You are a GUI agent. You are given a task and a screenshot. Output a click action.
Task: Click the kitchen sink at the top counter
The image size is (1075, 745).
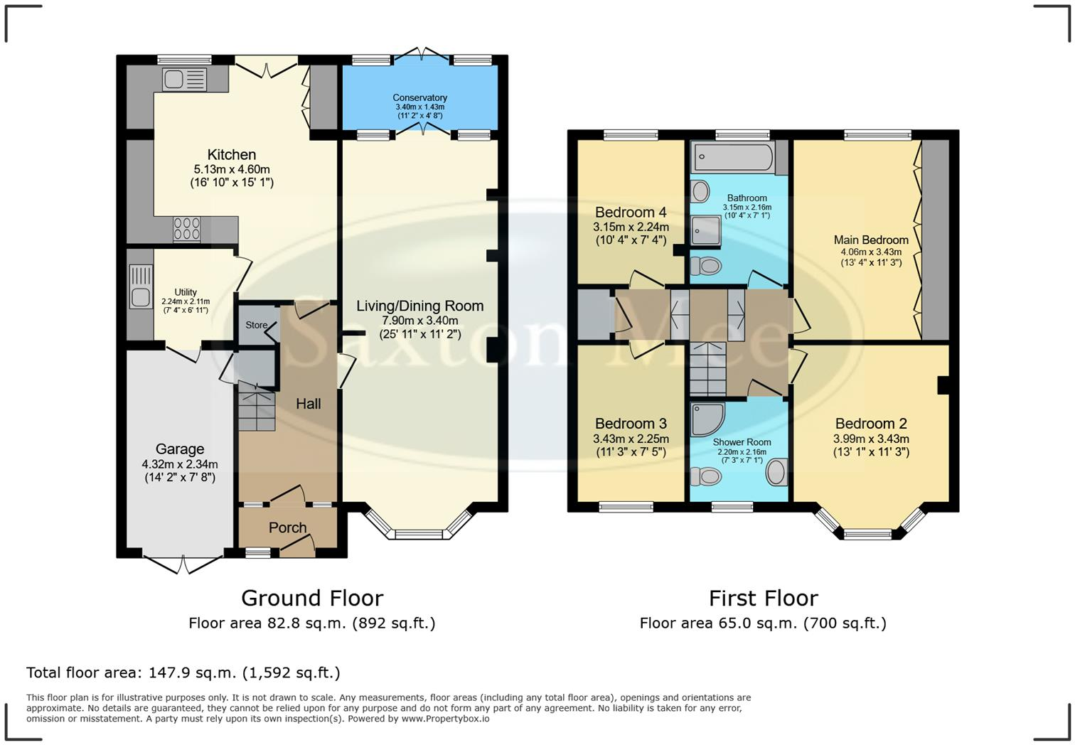coord(184,80)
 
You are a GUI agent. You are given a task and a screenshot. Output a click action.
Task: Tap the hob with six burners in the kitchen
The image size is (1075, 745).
coord(187,229)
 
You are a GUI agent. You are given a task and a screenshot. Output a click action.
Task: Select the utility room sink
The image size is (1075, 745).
coord(141,286)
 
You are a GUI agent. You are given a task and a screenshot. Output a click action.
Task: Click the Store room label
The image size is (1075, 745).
coord(256,325)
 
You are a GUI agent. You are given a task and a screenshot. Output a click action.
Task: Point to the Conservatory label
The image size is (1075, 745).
coord(419,97)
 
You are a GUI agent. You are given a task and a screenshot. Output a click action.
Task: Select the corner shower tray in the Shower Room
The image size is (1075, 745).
coord(707,419)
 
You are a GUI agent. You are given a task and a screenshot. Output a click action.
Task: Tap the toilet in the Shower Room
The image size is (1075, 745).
coord(705,475)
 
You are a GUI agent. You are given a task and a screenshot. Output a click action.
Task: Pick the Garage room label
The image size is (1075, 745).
coord(180,449)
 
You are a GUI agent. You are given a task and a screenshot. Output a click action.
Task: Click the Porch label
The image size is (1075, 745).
coord(287,527)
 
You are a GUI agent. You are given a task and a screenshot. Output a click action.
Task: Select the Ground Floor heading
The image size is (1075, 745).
coord(312,598)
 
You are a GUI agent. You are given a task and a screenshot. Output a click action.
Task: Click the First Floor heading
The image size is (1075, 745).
coord(763,598)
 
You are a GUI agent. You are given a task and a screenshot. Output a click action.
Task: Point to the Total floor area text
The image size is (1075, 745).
coord(183,672)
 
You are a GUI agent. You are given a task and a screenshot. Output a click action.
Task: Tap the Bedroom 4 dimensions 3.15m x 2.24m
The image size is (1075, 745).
coord(631,227)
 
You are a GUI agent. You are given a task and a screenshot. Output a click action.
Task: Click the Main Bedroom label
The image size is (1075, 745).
coord(871,240)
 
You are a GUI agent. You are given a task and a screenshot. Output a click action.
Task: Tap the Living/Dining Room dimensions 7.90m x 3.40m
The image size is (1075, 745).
coord(419,321)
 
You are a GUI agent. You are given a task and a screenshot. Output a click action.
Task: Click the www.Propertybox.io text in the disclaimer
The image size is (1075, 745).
coord(445,719)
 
